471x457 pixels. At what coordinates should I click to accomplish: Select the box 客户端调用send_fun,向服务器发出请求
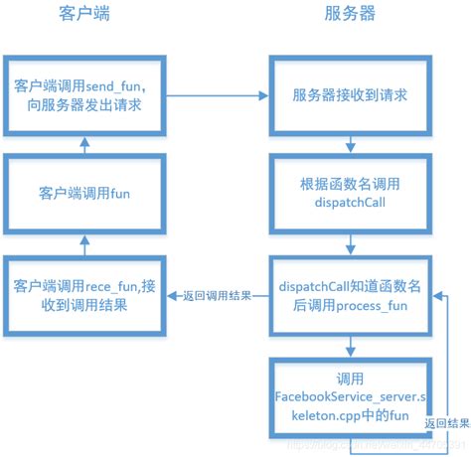(83, 96)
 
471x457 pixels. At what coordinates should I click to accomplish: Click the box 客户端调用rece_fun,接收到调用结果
(83, 295)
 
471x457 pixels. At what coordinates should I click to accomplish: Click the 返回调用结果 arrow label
(217, 295)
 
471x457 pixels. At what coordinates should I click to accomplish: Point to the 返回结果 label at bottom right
(444, 424)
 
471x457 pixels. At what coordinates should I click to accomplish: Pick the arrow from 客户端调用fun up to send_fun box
(84, 145)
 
